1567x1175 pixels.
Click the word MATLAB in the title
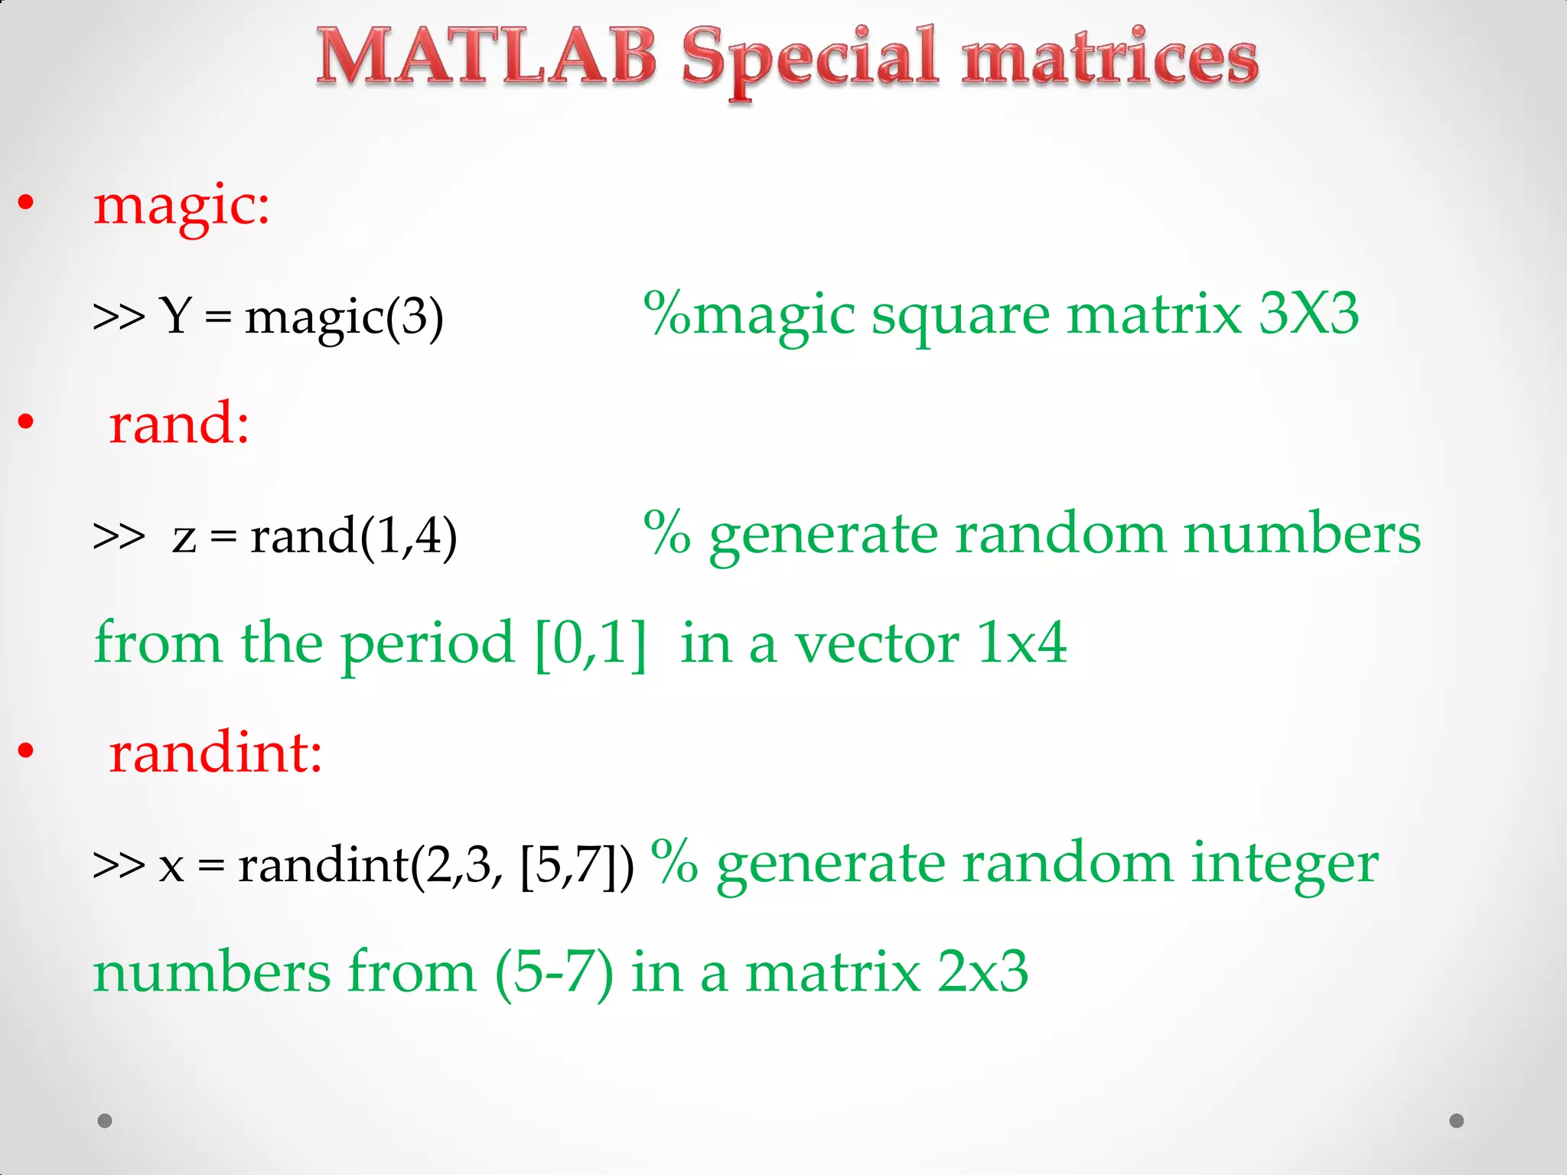487,57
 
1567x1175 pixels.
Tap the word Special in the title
810,60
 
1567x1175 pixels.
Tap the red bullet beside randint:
26,750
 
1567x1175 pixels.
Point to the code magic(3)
344,316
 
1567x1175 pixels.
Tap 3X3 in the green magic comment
1308,313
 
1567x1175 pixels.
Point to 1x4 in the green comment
1022,643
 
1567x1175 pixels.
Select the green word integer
1285,863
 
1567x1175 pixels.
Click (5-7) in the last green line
554,972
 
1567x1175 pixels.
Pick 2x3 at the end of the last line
982,972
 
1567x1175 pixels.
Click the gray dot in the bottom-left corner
105,1121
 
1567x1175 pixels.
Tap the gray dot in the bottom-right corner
1457,1121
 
